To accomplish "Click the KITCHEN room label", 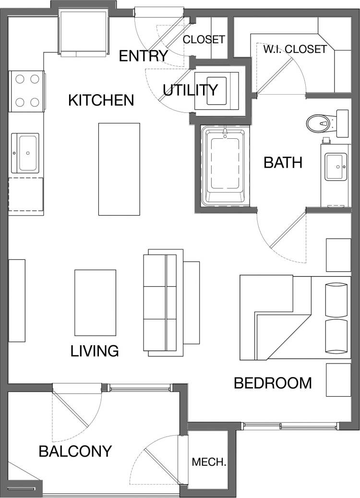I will [x=101, y=100].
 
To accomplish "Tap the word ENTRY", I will [x=143, y=56].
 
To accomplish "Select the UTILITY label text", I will [x=190, y=90].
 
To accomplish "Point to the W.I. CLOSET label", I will [x=295, y=49].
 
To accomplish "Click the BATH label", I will [x=283, y=163].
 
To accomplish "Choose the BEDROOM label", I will [x=273, y=383].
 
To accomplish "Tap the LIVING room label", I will [x=95, y=351].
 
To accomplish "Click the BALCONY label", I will [x=75, y=451].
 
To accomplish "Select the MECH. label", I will [x=209, y=462].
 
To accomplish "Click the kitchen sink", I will [x=27, y=153].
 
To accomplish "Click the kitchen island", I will [x=119, y=169].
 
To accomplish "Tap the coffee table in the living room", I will [x=95, y=303].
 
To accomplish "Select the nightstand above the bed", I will [x=338, y=255].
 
